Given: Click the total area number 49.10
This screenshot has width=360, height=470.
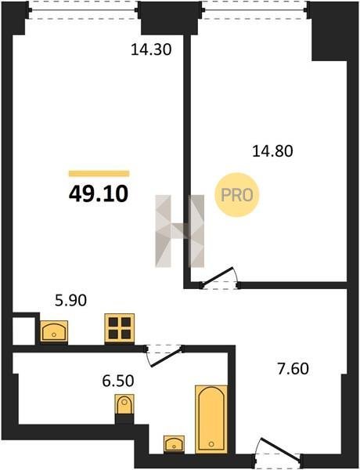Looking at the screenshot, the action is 99,193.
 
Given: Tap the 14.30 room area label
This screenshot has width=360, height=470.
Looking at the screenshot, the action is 151,49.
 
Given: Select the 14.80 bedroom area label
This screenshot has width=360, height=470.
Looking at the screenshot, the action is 272,150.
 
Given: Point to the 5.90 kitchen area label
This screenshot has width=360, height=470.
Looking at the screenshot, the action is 71,300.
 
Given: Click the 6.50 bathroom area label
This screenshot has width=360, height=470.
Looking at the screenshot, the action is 118,381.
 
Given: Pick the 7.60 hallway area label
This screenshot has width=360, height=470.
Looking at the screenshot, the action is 293,369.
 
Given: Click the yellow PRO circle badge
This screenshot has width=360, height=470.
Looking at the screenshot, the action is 237,195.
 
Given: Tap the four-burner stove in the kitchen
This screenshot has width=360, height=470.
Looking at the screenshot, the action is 119,328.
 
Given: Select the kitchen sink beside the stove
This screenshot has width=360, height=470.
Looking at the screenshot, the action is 54,331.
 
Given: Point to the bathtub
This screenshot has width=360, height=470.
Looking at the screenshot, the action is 211,419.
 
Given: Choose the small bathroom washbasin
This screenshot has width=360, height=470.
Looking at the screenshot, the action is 174,443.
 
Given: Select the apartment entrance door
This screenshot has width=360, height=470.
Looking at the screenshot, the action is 277,451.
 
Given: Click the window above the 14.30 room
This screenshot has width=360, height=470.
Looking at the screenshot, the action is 83,10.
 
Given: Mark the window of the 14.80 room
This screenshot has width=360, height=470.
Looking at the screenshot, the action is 254,10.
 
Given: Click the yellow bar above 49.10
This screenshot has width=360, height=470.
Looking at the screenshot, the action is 99,174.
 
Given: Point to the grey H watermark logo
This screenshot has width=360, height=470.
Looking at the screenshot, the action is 180,231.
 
